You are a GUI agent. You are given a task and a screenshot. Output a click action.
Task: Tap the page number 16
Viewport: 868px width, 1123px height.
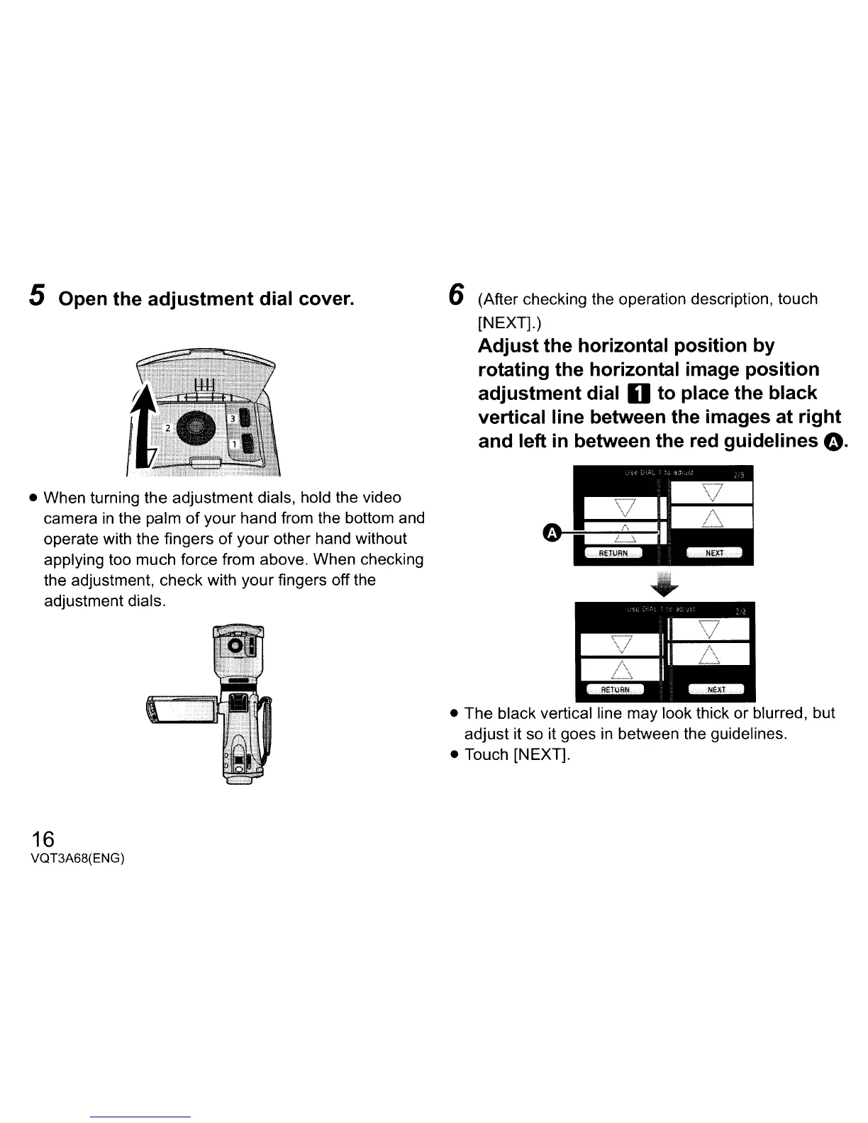[43, 839]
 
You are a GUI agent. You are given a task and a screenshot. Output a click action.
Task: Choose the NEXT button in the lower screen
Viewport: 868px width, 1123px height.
[716, 689]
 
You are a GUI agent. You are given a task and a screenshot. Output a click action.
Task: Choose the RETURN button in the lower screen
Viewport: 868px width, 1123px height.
[613, 689]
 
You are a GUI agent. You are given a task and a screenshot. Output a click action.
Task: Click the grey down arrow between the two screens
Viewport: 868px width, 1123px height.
[664, 583]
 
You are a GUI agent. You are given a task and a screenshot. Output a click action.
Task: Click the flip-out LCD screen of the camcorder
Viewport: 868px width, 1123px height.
[181, 710]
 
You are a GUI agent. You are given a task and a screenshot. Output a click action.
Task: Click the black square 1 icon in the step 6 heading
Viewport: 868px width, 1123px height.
[636, 393]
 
